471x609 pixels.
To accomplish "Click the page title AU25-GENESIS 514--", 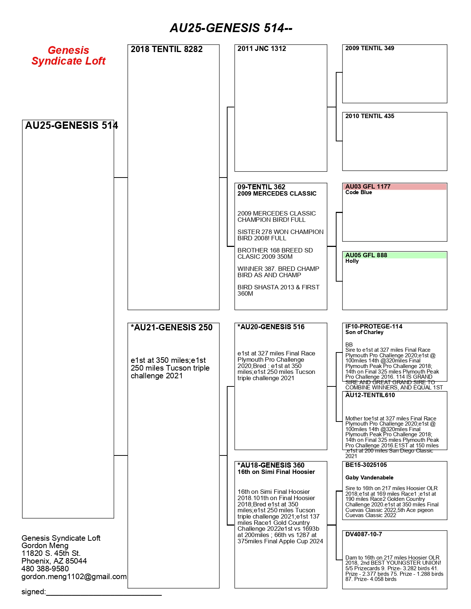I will [231, 28].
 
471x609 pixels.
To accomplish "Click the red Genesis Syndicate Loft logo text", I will [68, 56].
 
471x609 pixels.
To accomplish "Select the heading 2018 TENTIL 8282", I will [167, 49].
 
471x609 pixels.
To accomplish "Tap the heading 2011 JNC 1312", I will [262, 49].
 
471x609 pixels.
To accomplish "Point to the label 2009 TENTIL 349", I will [369, 48].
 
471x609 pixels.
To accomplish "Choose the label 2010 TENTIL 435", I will [369, 116].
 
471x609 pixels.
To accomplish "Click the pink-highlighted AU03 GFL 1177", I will [368, 187].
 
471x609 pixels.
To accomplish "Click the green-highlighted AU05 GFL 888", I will [366, 255].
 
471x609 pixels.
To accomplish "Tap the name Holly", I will [352, 261].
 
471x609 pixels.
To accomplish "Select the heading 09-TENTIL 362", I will [261, 187].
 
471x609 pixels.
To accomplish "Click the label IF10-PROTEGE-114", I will [373, 327].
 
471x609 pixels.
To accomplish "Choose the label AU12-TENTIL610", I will [370, 395].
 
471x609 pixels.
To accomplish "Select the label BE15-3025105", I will [366, 465].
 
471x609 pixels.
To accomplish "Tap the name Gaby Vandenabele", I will [369, 478].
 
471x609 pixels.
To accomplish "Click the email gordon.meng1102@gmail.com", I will [74, 577].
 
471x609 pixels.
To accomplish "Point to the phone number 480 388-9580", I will [45, 569].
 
